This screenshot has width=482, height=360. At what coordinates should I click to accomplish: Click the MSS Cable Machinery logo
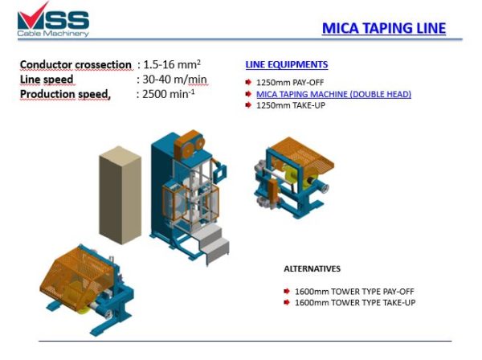tap(54, 20)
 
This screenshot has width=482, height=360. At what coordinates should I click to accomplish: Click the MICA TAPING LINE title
tap(383, 29)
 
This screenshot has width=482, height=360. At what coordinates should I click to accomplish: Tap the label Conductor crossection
tap(76, 64)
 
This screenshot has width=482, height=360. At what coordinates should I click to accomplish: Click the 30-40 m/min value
tap(174, 79)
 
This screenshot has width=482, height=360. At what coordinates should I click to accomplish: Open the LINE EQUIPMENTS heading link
tap(286, 65)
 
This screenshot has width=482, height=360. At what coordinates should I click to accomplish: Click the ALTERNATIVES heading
tap(312, 268)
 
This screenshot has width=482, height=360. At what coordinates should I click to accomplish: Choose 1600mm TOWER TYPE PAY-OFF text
tap(347, 291)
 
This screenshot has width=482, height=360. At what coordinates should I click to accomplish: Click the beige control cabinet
tap(120, 194)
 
